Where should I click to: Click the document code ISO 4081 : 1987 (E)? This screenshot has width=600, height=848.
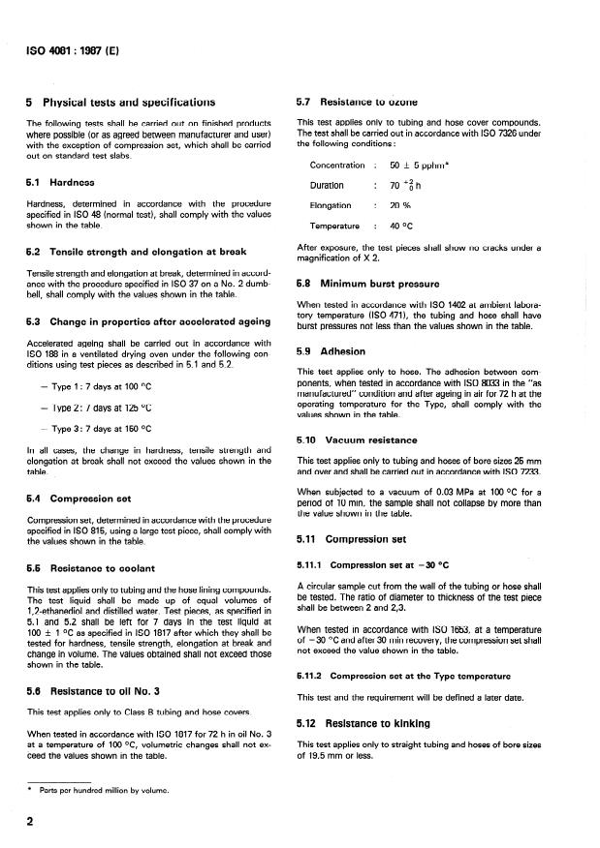click(x=71, y=44)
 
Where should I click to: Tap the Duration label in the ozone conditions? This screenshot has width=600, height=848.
click(x=327, y=185)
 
